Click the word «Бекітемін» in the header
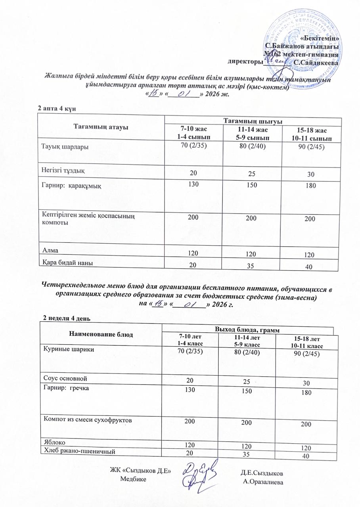pos(319,38)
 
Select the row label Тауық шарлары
pos(65,147)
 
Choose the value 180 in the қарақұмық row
pos(310,185)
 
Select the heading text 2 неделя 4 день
pos(67,318)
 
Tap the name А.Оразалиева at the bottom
pos(262,482)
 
